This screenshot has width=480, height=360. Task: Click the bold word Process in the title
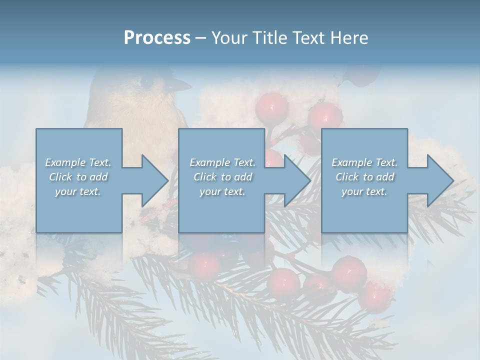point(157,37)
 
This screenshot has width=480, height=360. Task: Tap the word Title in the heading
point(269,37)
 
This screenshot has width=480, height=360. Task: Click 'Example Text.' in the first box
point(78,162)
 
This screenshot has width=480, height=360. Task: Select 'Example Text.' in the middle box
point(222,162)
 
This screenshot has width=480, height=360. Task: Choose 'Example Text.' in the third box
point(364,162)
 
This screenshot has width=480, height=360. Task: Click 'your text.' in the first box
point(78,191)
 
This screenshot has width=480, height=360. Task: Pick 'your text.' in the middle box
point(222,191)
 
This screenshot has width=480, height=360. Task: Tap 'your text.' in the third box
point(364,191)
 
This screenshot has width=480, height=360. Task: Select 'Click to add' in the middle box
point(222,177)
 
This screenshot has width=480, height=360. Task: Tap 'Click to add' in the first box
point(78,177)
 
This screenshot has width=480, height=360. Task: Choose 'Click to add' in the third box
point(364,177)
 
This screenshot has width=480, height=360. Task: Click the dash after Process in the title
point(200,38)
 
